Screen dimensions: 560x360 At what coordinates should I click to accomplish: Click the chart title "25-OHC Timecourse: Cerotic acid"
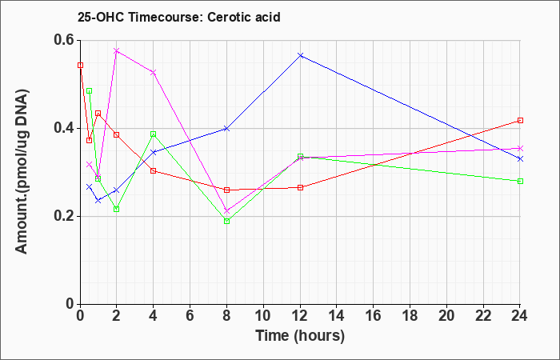pos(179,17)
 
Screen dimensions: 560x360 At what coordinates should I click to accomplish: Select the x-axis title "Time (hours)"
pos(300,336)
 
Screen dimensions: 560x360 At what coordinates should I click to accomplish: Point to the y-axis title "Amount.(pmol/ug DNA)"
pos(22,170)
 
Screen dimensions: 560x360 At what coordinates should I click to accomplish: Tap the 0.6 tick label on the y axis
pos(65,40)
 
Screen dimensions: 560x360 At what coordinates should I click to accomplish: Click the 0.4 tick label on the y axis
pos(65,128)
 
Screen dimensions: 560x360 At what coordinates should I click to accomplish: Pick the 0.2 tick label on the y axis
pos(65,217)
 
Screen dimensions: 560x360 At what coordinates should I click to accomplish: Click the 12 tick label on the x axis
pos(300,316)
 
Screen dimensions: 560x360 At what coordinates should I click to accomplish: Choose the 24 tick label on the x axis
pos(520,316)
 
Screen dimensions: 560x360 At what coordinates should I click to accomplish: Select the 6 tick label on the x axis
pos(190,316)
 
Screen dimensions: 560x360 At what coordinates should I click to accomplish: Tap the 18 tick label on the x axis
pos(410,316)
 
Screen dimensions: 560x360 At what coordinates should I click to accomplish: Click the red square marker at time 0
pos(80,65)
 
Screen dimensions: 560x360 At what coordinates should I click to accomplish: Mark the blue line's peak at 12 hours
pos(300,55)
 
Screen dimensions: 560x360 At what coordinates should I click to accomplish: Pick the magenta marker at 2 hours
pos(117,50)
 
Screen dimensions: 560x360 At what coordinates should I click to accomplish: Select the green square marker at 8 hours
pos(226,221)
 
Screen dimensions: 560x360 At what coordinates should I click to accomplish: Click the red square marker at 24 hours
pos(520,120)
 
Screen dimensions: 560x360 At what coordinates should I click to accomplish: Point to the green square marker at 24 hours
pos(520,181)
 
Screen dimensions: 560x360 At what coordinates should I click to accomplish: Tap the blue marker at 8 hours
pos(226,129)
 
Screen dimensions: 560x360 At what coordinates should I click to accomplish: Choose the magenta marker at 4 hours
pos(154,73)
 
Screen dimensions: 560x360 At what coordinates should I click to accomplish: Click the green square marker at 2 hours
pos(117,209)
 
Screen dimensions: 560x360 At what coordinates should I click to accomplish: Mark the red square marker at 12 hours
pos(300,187)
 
